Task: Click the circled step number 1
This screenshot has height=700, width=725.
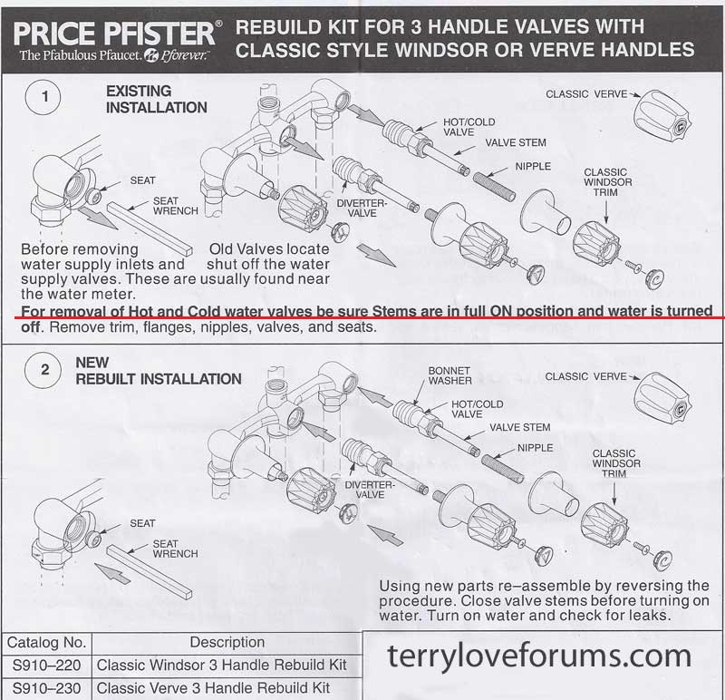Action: tap(43, 97)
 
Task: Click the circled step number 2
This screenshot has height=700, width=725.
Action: tap(43, 370)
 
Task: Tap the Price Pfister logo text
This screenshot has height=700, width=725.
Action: tap(114, 34)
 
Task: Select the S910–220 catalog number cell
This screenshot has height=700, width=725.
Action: tap(46, 666)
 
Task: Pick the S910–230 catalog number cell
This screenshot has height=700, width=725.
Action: tap(46, 688)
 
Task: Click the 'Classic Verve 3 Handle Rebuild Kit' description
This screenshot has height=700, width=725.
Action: tap(213, 688)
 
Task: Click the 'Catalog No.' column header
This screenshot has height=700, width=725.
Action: tap(46, 643)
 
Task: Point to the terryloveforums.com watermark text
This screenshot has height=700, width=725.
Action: tap(539, 656)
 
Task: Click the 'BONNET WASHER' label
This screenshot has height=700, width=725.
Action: tap(449, 375)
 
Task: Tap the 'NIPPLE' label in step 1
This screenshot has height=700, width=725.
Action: tap(533, 167)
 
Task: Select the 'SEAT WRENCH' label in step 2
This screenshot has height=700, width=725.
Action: tap(175, 549)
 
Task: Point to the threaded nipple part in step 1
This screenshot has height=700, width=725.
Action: tap(494, 186)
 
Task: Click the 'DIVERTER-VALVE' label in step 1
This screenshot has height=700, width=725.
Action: tap(361, 209)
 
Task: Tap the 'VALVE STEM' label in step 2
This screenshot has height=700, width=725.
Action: tap(519, 427)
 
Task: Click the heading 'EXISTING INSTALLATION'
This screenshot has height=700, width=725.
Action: tap(156, 99)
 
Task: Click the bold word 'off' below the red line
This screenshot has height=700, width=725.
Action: tap(30, 326)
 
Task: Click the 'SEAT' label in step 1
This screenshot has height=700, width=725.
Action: tap(142, 180)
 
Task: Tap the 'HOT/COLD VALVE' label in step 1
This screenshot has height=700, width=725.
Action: tap(469, 127)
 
